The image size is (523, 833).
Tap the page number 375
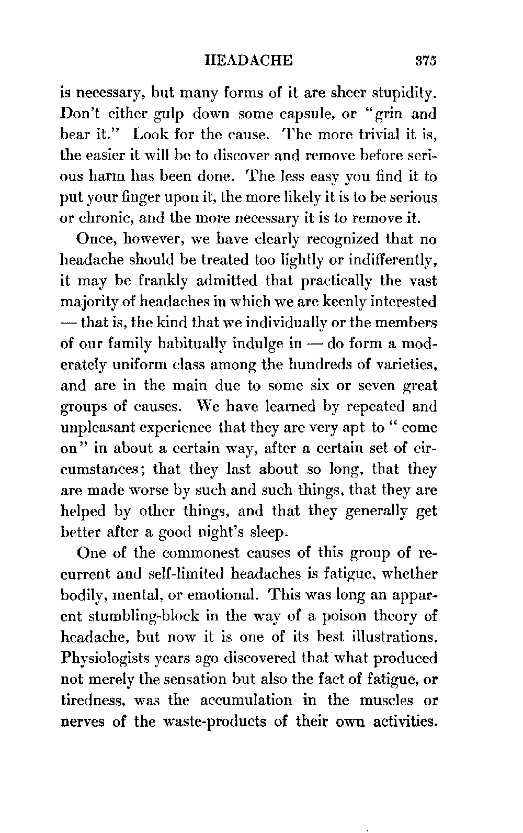click(x=424, y=60)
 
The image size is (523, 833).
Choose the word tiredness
click(x=95, y=701)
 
